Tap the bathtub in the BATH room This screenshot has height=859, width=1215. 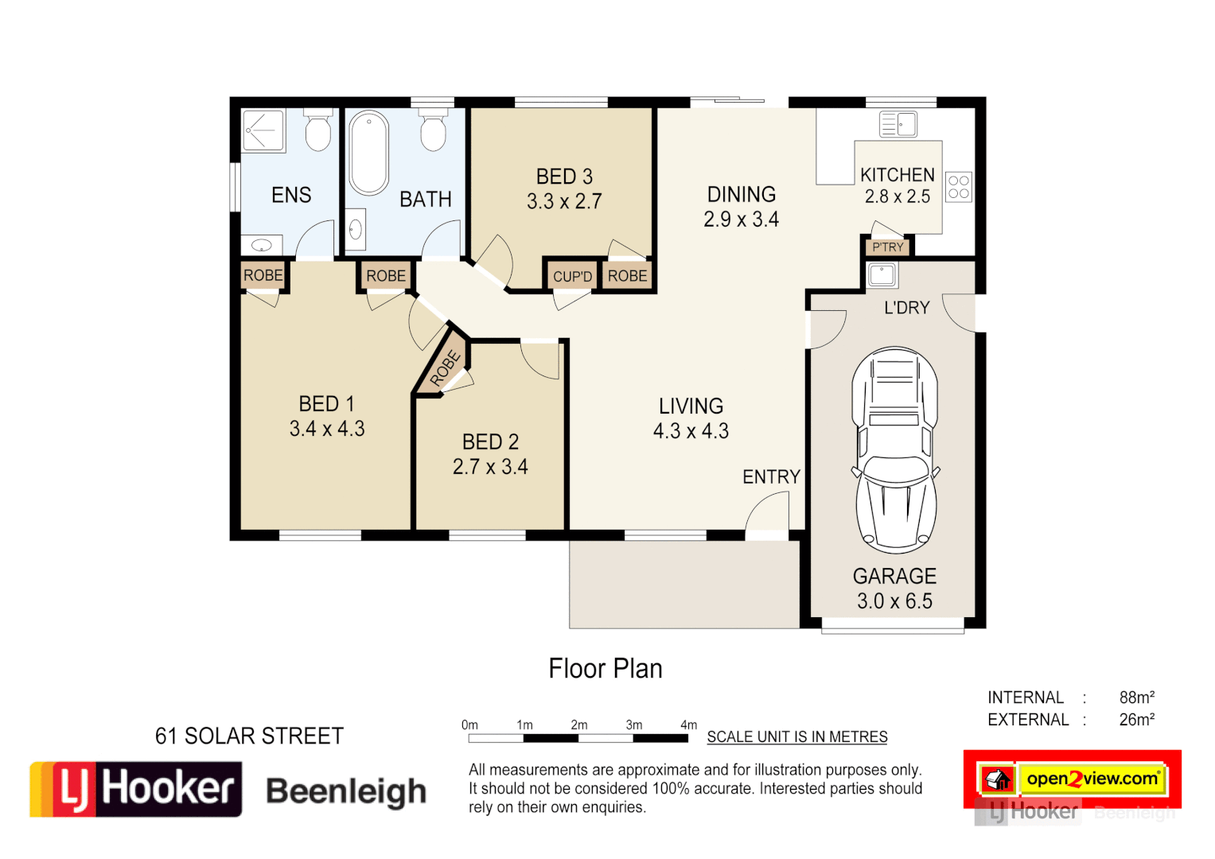368,153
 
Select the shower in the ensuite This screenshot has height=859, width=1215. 263,130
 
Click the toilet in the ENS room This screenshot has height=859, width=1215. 318,130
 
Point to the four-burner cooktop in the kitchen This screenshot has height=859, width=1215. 959,188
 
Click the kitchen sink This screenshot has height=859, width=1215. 898,125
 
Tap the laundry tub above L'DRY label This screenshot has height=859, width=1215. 882,275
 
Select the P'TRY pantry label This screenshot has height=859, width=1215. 888,247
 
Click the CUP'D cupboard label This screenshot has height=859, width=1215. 572,277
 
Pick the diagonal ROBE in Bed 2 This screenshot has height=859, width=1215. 445,368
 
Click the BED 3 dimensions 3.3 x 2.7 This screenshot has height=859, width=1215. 564,202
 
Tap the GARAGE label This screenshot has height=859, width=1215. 894,576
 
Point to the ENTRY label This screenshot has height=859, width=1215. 771,477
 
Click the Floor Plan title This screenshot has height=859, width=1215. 606,669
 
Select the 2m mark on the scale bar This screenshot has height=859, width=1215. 579,725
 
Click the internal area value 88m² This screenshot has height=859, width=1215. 1136,698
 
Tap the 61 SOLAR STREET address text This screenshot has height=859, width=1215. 249,737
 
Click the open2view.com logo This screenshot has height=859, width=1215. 1092,779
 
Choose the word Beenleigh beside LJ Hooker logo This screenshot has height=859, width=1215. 346,791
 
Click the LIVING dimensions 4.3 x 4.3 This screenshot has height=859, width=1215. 691,431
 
